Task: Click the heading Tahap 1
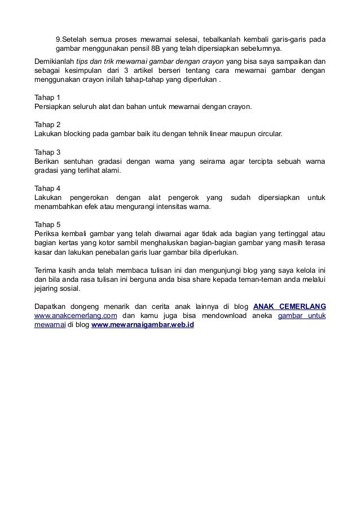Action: [x=47, y=97]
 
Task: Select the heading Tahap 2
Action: [x=47, y=125]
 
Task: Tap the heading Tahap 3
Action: [x=47, y=152]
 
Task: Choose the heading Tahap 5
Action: [x=47, y=225]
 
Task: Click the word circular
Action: [x=267, y=134]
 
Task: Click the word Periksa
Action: [x=46, y=234]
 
